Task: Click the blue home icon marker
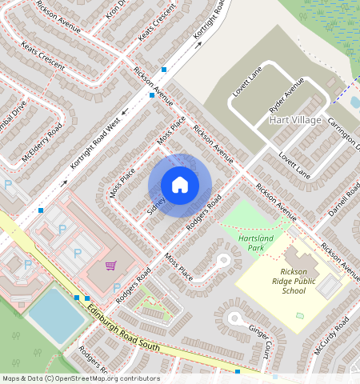[180, 185]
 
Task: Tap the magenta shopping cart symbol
[111, 266]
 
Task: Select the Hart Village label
[295, 120]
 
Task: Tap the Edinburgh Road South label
[123, 328]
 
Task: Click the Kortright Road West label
[94, 145]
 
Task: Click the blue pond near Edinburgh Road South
[57, 315]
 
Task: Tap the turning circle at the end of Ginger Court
[234, 318]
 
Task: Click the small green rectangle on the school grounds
[300, 316]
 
